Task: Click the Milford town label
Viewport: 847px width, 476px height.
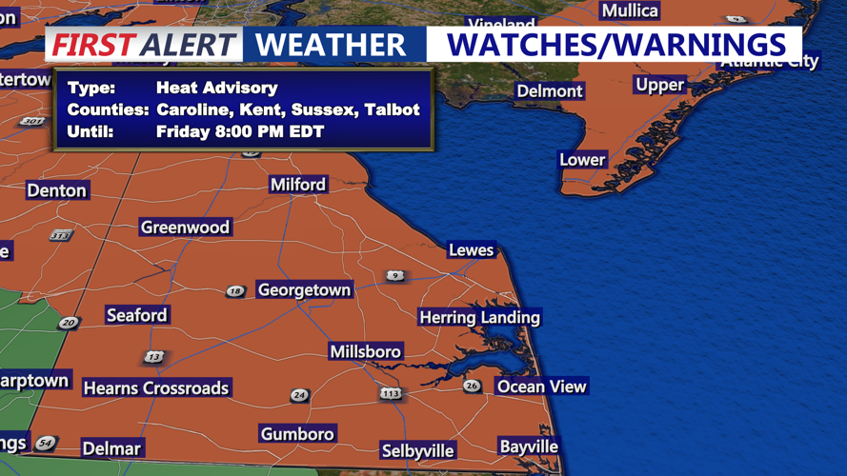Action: pos(298,185)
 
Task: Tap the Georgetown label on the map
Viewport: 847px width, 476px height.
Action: pos(305,289)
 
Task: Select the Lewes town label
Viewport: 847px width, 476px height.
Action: pos(472,250)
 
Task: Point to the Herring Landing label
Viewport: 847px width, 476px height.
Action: pos(480,318)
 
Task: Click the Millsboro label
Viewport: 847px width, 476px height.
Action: pos(366,352)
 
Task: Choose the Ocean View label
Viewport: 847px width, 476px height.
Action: pos(541,387)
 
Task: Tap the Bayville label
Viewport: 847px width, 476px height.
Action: pos(529,446)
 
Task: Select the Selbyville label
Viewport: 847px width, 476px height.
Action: pos(417,450)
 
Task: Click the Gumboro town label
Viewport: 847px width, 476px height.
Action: pos(297,434)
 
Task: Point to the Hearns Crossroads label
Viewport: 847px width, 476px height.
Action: pos(156,388)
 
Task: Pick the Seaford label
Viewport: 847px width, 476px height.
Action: pos(137,315)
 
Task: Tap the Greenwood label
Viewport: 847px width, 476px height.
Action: pos(185,228)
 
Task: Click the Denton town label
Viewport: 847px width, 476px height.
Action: pos(57,190)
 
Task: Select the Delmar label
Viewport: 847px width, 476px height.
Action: pos(111,448)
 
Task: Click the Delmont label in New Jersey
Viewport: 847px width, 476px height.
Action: pos(549,91)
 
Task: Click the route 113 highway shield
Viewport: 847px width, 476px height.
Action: pos(391,393)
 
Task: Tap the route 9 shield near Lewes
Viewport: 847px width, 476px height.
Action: pos(395,276)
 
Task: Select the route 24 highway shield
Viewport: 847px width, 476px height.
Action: pos(300,395)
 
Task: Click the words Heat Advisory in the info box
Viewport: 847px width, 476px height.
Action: pos(217,88)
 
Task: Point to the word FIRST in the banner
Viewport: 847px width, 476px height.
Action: pos(91,45)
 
